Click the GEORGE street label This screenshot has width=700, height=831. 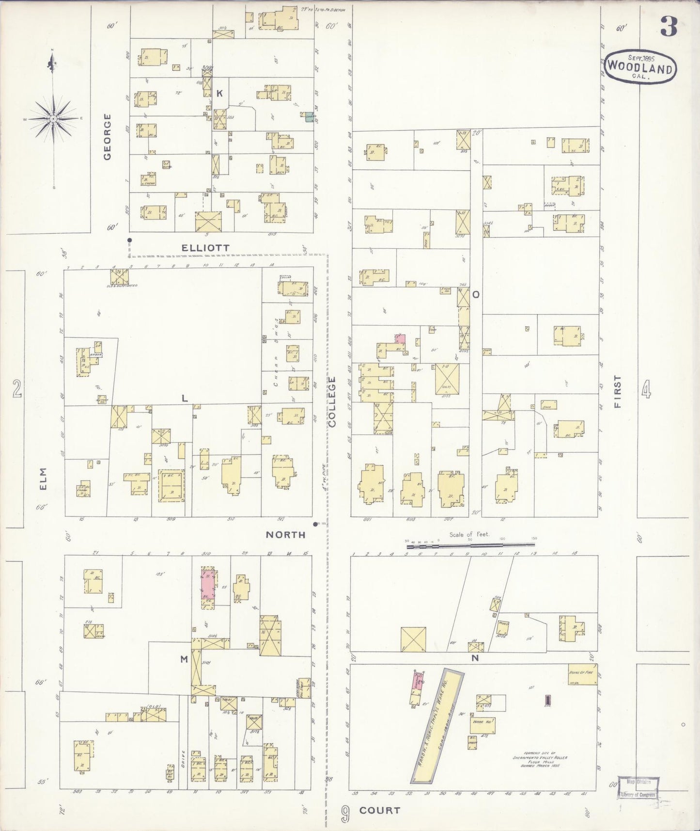[x=107, y=136]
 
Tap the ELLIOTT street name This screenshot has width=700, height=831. [x=205, y=248]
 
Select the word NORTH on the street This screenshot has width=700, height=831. [x=286, y=535]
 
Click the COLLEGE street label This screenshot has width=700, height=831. [x=332, y=402]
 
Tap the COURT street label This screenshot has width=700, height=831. [x=380, y=810]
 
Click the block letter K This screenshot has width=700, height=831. [x=219, y=94]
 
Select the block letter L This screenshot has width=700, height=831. [x=184, y=399]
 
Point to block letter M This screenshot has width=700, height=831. [x=184, y=659]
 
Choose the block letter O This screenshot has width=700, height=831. [x=476, y=294]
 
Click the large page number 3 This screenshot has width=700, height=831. [x=669, y=28]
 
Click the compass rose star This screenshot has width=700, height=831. [x=54, y=118]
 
